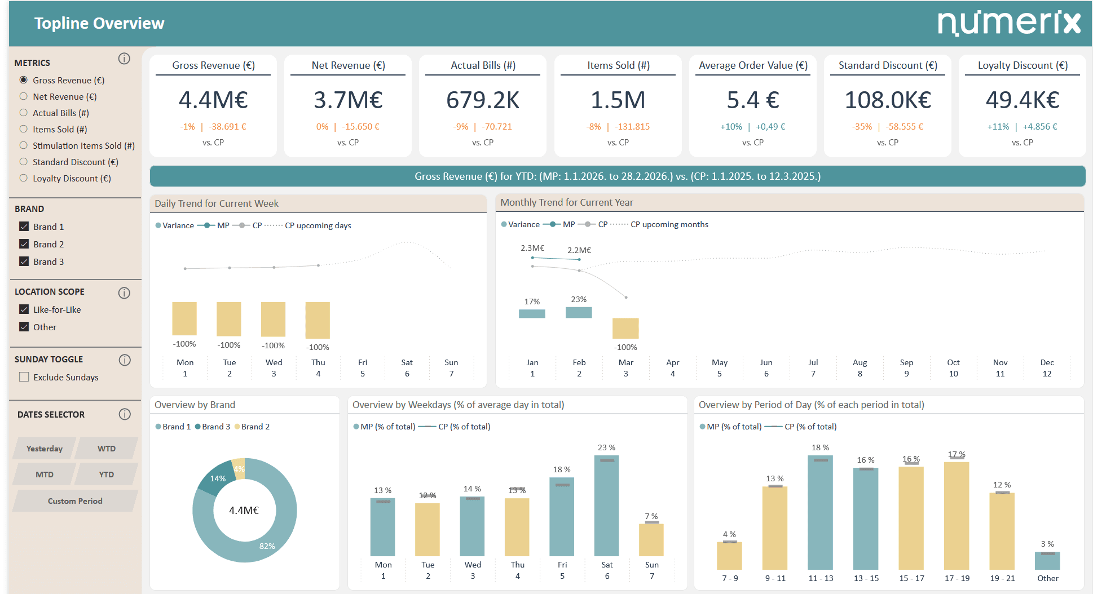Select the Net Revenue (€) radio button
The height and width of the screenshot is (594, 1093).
[x=24, y=96]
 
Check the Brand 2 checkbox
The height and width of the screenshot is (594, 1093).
[x=24, y=244]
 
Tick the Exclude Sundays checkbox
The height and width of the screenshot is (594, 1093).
[x=24, y=377]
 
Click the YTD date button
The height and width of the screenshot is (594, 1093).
[x=106, y=475]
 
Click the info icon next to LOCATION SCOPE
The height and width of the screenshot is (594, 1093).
[x=124, y=292]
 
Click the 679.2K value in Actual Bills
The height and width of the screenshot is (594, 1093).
[x=482, y=100]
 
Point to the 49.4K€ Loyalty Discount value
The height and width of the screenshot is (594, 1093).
[x=1022, y=100]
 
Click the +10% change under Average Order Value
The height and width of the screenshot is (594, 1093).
[x=731, y=127]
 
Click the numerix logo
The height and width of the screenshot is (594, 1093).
[x=1008, y=23]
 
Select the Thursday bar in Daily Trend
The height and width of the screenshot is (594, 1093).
[x=318, y=320]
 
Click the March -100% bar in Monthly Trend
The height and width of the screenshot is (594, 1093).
[x=625, y=328]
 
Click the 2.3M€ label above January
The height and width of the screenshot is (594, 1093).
[x=532, y=248]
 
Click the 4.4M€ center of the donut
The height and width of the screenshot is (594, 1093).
[x=244, y=511]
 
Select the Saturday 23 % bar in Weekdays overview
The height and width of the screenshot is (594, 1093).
[x=606, y=506]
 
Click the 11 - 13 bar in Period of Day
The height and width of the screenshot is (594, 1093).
[x=820, y=512]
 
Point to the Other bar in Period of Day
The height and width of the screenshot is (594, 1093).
[x=1047, y=561]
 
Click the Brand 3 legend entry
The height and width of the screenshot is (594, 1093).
[x=213, y=427]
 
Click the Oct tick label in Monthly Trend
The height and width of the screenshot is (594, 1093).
[x=953, y=362]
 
